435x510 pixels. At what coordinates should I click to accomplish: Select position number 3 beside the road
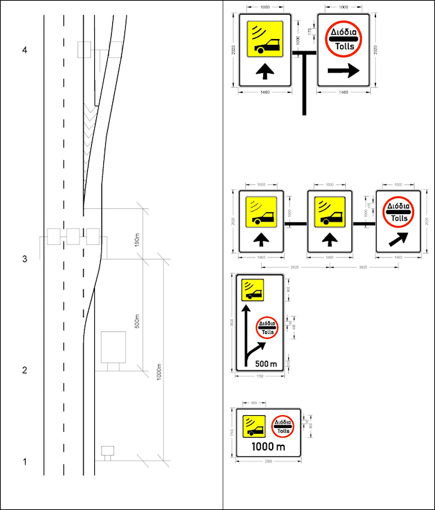pyautogui.click(x=24, y=259)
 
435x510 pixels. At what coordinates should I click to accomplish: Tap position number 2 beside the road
pyautogui.click(x=24, y=370)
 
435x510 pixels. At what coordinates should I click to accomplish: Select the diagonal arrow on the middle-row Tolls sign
pyautogui.click(x=398, y=240)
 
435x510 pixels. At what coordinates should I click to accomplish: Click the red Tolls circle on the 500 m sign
pyautogui.click(x=267, y=327)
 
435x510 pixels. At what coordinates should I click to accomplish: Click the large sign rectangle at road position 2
pyautogui.click(x=114, y=347)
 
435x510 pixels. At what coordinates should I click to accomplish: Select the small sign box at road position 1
pyautogui.click(x=107, y=450)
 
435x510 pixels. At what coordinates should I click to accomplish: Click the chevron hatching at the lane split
pyautogui.click(x=89, y=128)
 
